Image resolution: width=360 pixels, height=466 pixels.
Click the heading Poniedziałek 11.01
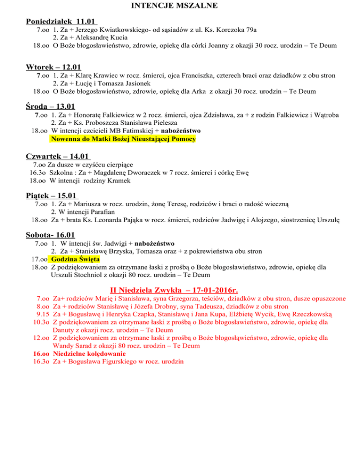(x=61, y=22)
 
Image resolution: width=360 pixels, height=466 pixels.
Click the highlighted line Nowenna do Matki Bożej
(x=123, y=139)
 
